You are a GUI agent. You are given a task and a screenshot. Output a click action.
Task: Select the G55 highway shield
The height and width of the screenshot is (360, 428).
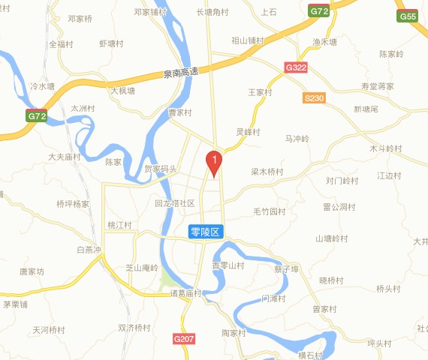click(408, 16)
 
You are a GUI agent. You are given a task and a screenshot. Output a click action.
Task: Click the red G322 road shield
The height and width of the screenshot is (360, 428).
click(297, 67)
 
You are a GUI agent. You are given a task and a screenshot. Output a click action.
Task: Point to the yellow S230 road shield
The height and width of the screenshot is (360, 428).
click(315, 97)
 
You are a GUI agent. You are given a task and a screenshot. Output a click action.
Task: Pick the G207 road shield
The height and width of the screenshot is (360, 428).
click(184, 340)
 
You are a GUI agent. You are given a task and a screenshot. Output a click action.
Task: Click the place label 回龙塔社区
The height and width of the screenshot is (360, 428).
click(174, 204)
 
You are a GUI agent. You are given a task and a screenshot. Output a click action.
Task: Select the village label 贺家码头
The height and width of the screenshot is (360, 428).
click(161, 169)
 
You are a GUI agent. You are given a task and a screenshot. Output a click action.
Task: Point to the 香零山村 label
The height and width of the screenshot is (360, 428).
click(228, 265)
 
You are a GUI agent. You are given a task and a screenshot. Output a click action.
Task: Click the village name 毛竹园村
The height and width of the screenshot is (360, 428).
click(270, 211)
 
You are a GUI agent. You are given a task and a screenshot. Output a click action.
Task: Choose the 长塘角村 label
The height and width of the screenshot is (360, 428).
click(212, 12)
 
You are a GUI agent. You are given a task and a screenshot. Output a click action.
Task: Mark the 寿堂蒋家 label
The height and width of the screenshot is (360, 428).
click(377, 87)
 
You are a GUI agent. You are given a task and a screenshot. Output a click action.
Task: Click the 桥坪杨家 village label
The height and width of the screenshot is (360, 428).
click(73, 203)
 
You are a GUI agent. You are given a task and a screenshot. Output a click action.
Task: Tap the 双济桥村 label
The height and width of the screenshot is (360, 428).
click(134, 328)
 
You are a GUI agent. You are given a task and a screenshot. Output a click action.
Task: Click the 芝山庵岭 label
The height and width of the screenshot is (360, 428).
click(141, 267)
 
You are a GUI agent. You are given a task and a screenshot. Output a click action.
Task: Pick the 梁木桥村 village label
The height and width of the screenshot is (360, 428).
click(267, 172)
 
